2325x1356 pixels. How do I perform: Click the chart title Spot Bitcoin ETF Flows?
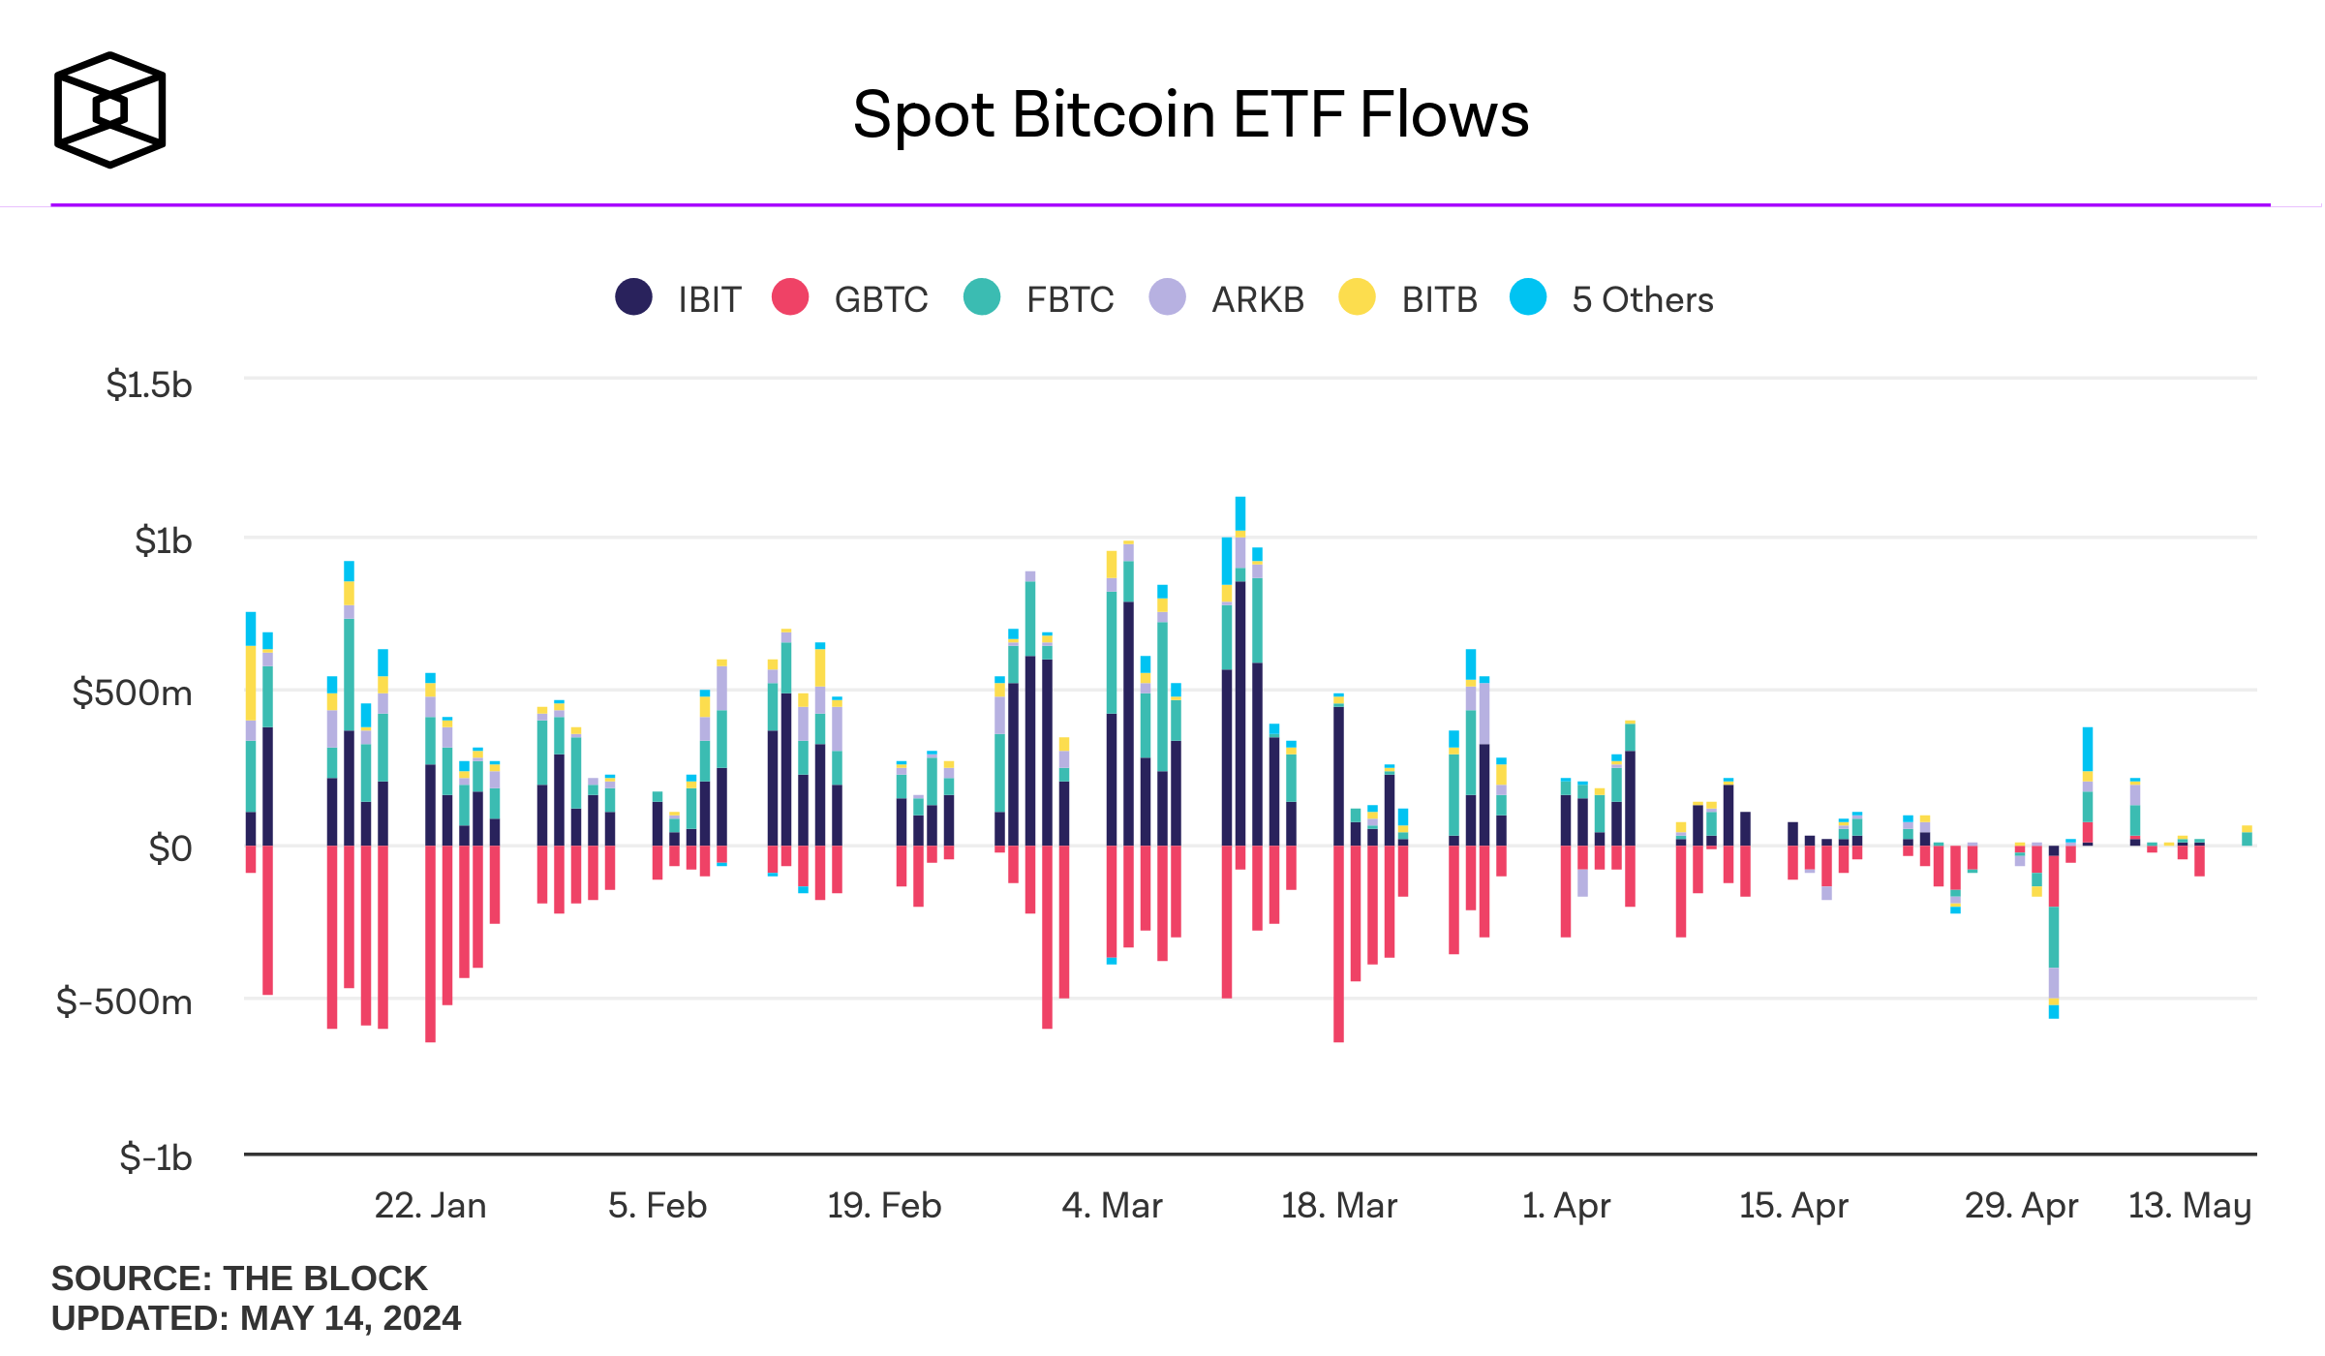pos(1190,115)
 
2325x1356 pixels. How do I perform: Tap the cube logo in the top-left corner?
pos(109,109)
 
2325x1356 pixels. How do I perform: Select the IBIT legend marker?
pos(634,297)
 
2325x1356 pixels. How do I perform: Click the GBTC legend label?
pos(880,300)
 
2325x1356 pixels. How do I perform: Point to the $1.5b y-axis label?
pos(149,385)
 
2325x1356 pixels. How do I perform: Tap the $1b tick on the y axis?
pos(163,540)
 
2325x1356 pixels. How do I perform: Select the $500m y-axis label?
pos(133,693)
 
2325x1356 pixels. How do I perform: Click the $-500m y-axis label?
pos(125,1002)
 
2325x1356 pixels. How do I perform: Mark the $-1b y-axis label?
pos(155,1157)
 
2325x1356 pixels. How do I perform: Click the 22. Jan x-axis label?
pos(430,1206)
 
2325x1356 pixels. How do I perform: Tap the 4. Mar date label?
pos(1112,1206)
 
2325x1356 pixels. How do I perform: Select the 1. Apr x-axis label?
pos(1566,1206)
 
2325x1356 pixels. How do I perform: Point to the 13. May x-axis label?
pos(2188,1206)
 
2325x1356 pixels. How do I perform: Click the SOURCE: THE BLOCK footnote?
pos(239,1279)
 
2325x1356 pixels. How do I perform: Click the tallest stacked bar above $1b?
pos(1240,678)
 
